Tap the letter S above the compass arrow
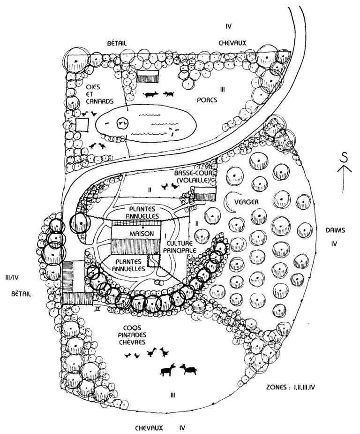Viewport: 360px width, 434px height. (x=344, y=159)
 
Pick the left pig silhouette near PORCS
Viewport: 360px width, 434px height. (x=151, y=94)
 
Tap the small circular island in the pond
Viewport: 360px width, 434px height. (x=123, y=123)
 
